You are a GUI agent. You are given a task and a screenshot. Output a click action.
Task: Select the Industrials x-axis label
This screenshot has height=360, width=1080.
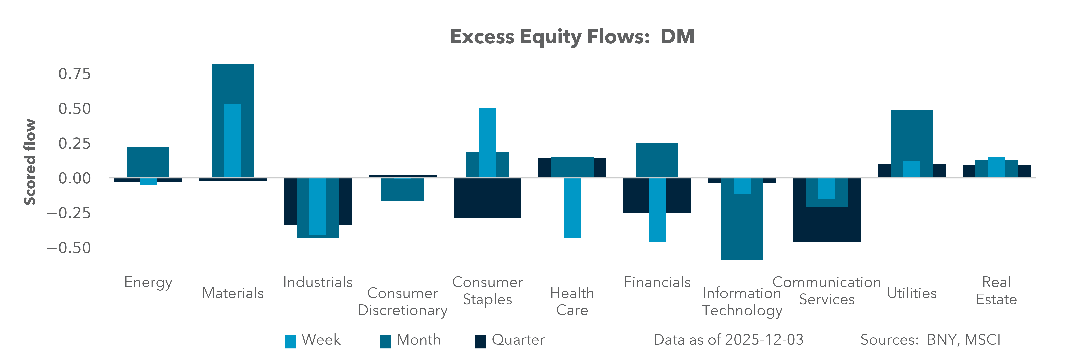tap(318, 282)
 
